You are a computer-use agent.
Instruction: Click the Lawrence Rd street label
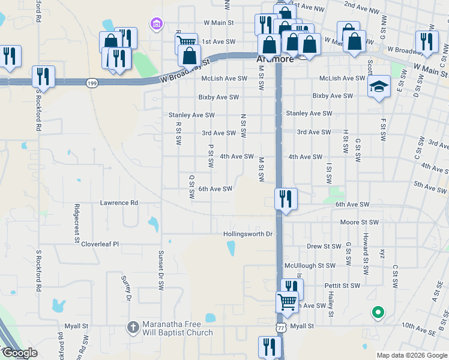pyautogui.click(x=119, y=203)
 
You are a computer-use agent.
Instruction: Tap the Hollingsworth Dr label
pyautogui.click(x=248, y=234)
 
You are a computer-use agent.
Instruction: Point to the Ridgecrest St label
pyautogui.click(x=77, y=222)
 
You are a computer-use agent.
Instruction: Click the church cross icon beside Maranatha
pyautogui.click(x=133, y=328)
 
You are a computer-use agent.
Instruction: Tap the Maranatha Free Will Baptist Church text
pyautogui.click(x=177, y=328)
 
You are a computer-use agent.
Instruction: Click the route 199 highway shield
pyautogui.click(x=91, y=83)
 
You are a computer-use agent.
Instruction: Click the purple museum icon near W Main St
pyautogui.click(x=157, y=24)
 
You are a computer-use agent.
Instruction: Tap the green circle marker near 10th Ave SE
pyautogui.click(x=378, y=312)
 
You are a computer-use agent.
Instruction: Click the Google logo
pyautogui.click(x=19, y=353)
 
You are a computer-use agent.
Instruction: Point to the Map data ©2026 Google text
pyautogui.click(x=411, y=355)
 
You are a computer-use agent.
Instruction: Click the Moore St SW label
pyautogui.click(x=359, y=223)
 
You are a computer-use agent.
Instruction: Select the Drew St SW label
pyautogui.click(x=324, y=246)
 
